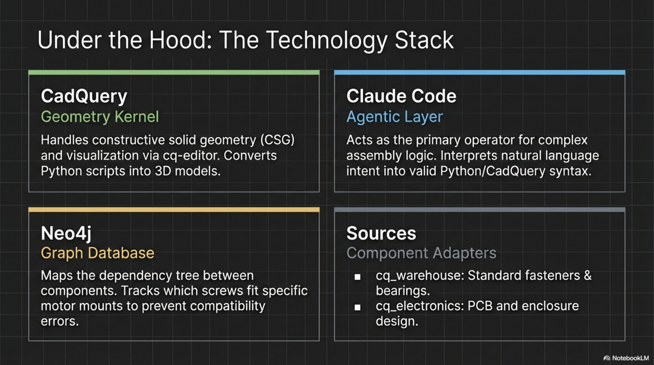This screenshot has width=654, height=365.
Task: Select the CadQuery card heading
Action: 84,96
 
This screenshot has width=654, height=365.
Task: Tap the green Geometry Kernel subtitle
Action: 100,117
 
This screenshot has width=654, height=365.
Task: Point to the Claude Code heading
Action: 401,96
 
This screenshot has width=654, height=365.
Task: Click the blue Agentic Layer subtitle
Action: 395,117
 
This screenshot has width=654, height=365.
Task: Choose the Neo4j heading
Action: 66,233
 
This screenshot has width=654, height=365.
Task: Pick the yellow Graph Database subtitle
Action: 97,253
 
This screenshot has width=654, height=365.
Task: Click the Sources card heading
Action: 381,233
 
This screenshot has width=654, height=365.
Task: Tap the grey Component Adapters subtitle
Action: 421,253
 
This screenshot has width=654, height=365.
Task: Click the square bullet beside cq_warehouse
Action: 357,277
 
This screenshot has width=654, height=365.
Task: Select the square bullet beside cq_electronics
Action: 357,307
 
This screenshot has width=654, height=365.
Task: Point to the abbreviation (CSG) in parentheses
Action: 277,140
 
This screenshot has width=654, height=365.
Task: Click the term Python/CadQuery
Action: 492,171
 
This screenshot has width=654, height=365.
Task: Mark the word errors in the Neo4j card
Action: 60,322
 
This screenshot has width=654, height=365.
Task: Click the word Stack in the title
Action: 424,40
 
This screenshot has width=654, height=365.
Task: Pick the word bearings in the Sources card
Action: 403,291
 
